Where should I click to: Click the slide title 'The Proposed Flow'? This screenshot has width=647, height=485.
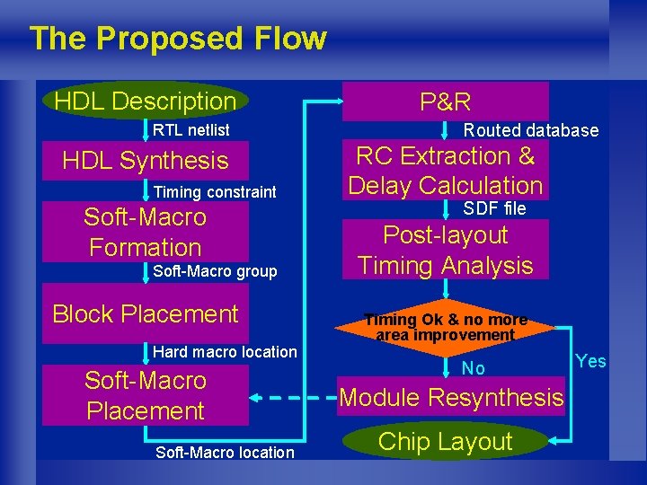tap(177, 39)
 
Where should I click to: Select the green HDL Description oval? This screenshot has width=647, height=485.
tap(145, 101)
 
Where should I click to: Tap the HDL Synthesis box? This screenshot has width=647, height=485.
tap(146, 161)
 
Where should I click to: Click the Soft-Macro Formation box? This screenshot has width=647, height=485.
tap(146, 232)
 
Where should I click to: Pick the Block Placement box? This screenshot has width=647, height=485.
tap(146, 313)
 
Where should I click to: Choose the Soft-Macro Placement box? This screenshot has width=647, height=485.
tap(146, 395)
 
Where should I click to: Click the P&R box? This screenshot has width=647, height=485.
tap(446, 101)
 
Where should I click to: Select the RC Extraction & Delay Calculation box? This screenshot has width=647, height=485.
tap(446, 171)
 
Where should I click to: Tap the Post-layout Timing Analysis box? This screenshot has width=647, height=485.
tap(446, 251)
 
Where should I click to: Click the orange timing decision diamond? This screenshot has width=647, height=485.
tap(446, 327)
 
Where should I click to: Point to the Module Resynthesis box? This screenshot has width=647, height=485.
tap(452, 397)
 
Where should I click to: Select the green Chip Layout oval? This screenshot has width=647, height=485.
tap(446, 441)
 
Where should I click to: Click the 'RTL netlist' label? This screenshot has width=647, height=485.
tap(191, 130)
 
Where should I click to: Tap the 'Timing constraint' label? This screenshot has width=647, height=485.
tap(215, 192)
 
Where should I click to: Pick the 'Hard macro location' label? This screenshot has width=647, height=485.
tap(225, 352)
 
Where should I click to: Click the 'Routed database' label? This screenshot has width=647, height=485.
tap(530, 131)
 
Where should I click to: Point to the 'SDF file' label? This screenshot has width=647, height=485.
tap(494, 209)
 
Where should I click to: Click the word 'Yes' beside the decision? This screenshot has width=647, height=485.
tap(590, 361)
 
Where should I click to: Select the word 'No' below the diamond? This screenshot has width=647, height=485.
tap(473, 368)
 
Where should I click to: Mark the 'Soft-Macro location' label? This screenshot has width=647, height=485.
tap(225, 453)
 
